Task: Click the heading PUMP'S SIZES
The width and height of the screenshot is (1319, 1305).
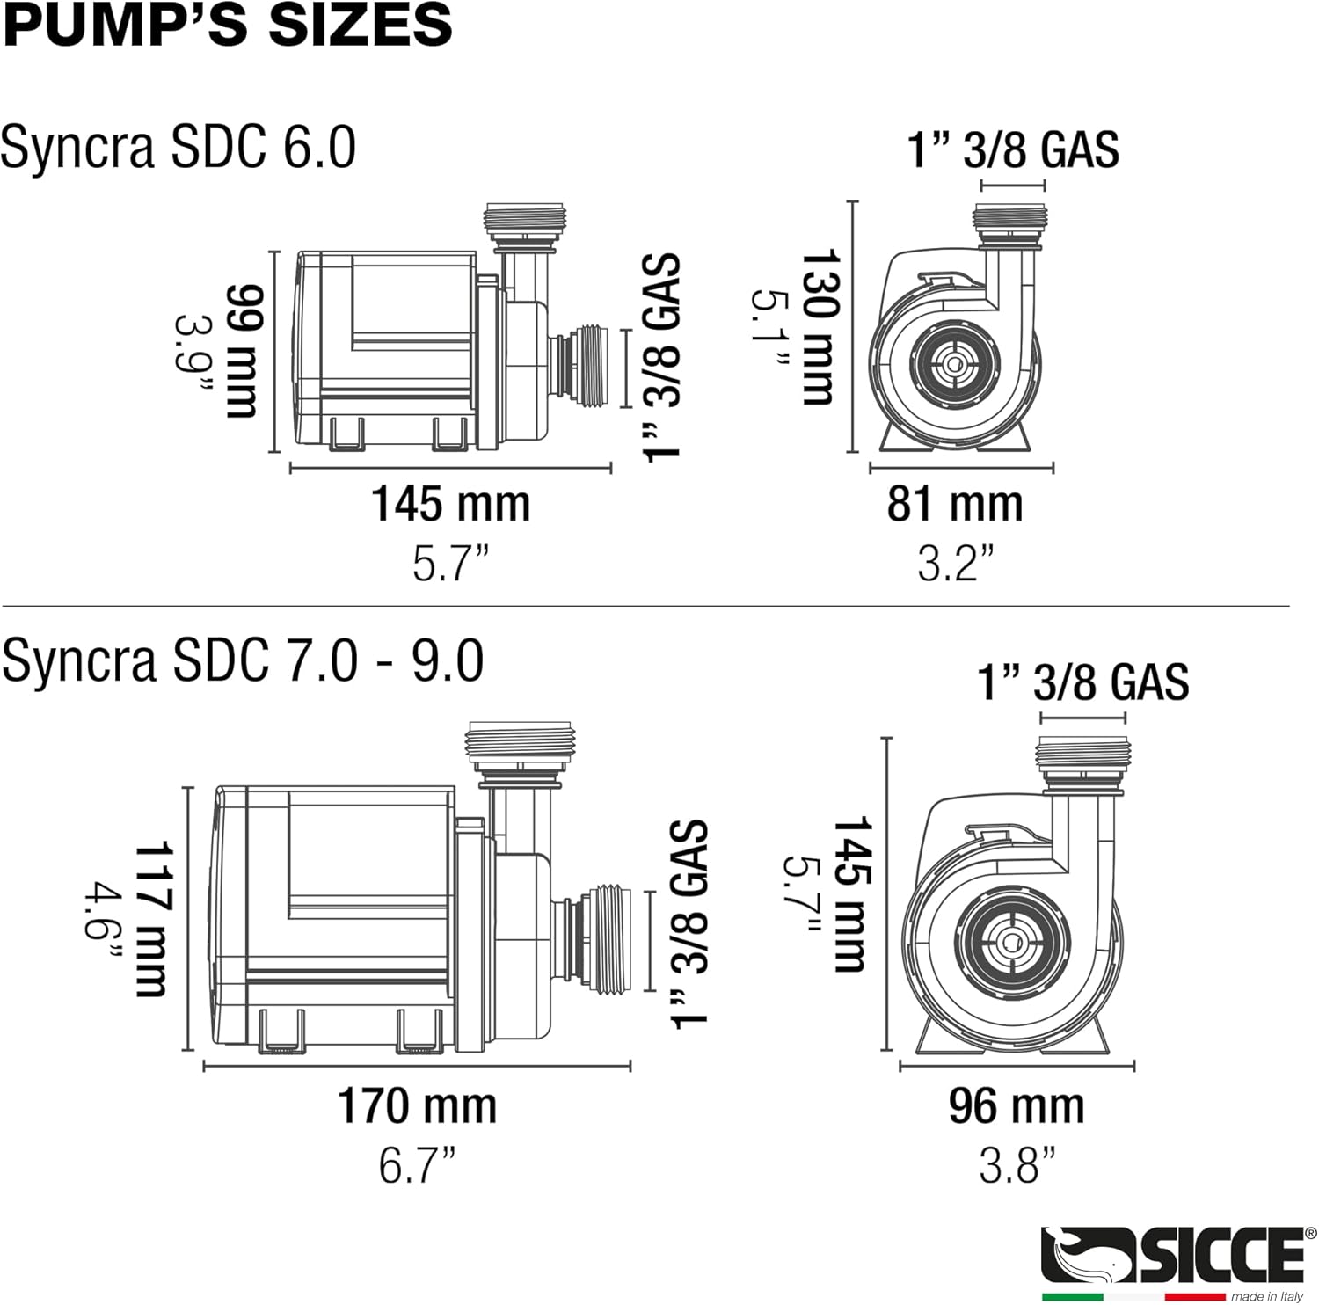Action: [x=227, y=24]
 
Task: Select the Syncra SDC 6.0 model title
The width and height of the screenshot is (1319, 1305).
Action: [x=179, y=147]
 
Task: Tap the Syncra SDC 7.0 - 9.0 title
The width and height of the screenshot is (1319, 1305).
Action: [x=243, y=660]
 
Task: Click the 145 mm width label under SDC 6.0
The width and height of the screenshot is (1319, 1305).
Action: [x=450, y=504]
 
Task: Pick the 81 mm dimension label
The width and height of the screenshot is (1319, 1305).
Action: [x=955, y=504]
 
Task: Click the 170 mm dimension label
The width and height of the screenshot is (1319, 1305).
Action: [x=417, y=1105]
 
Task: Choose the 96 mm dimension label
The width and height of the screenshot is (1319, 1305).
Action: [x=1016, y=1105]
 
